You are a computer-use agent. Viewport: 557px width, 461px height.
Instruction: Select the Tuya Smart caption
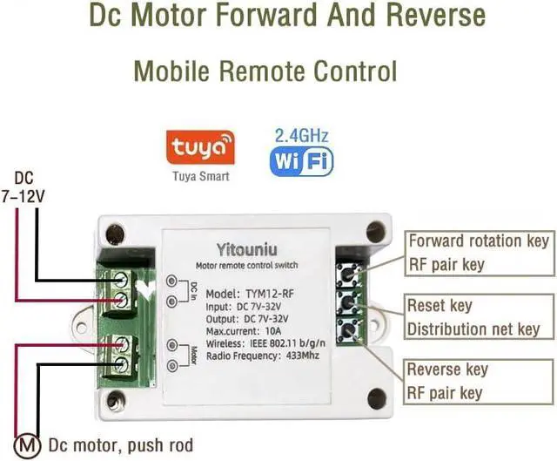pos(200,177)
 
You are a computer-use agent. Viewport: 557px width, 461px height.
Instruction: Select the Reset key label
pos(440,306)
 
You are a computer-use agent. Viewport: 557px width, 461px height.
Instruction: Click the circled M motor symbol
pos(29,444)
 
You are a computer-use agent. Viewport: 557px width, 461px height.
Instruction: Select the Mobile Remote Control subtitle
pos(265,70)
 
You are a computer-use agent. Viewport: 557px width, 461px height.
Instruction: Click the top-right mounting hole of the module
pos(375,231)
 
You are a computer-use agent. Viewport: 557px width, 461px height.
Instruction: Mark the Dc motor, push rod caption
pos(120,444)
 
